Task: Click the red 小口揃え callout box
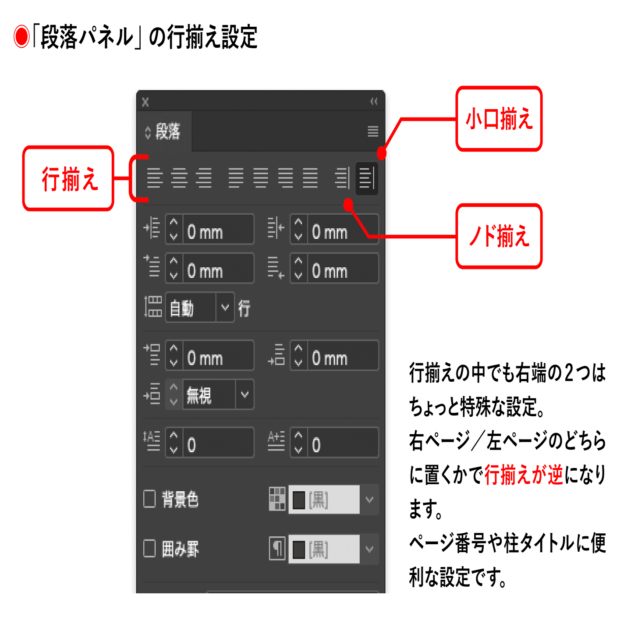pyautogui.click(x=499, y=119)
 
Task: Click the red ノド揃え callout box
pyautogui.click(x=499, y=236)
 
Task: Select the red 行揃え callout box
pyautogui.click(x=68, y=178)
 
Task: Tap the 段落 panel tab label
pyautogui.click(x=167, y=131)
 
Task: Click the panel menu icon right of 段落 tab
pyautogui.click(x=373, y=131)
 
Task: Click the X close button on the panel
pyautogui.click(x=145, y=102)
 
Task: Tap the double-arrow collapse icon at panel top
pyautogui.click(x=374, y=102)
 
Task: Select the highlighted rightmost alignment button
pyautogui.click(x=367, y=178)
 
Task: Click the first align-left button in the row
pyautogui.click(x=154, y=178)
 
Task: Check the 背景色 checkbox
pyautogui.click(x=149, y=499)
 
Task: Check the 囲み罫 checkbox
pyautogui.click(x=149, y=548)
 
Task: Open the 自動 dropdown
pyautogui.click(x=225, y=308)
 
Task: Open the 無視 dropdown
pyautogui.click(x=245, y=394)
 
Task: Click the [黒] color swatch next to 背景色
pyautogui.click(x=324, y=500)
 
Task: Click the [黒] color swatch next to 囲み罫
pyautogui.click(x=324, y=549)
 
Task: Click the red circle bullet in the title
pyautogui.click(x=21, y=37)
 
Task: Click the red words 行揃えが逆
pyautogui.click(x=524, y=475)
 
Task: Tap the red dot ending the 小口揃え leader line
pyautogui.click(x=382, y=153)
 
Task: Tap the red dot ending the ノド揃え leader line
pyautogui.click(x=348, y=204)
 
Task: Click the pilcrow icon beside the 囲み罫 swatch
pyautogui.click(x=277, y=549)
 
